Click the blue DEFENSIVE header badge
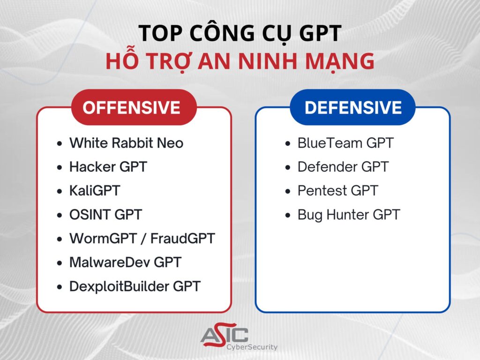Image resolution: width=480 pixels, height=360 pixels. (x=352, y=107)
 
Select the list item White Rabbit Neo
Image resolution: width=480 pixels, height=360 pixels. (x=127, y=143)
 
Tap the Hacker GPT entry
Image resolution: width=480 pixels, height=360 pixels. (x=108, y=167)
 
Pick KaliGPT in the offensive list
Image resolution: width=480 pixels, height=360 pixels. (x=95, y=191)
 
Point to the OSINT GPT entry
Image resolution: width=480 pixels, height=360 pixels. (x=105, y=215)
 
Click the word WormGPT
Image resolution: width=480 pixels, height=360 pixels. (x=103, y=239)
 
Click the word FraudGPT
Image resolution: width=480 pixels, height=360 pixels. (x=183, y=239)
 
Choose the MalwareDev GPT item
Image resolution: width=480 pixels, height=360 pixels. (x=126, y=262)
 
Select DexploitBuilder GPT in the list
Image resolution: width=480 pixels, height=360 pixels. (x=135, y=286)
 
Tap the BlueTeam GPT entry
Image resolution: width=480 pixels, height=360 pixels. (x=345, y=143)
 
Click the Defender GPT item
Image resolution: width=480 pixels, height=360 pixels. (x=343, y=167)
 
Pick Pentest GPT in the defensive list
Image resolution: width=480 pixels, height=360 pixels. (x=338, y=191)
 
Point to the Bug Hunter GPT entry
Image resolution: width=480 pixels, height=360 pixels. (x=349, y=215)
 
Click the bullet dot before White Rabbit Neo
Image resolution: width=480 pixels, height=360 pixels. (x=60, y=143)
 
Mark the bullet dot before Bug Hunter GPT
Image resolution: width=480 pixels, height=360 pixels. (x=287, y=215)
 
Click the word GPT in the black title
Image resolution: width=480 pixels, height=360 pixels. (x=320, y=33)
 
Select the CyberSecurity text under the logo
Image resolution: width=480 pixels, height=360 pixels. (x=252, y=347)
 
